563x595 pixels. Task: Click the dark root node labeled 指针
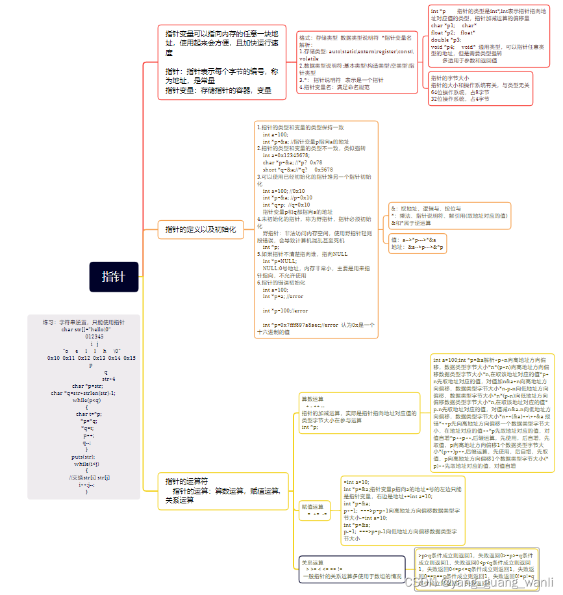(x=115, y=276)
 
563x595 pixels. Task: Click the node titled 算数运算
(x=312, y=398)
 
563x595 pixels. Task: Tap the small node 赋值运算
(x=312, y=506)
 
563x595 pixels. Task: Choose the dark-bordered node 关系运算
(x=312, y=563)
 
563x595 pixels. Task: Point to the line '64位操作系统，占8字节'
(x=460, y=92)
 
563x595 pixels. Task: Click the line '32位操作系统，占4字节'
(x=460, y=99)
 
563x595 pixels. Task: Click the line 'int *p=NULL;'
(x=280, y=260)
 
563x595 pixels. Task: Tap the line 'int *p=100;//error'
(x=285, y=310)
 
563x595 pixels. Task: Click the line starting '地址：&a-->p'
(x=418, y=247)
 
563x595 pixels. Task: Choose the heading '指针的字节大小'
(x=450, y=78)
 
